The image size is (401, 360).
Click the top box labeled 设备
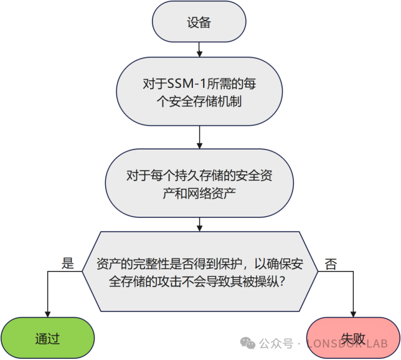(199, 23)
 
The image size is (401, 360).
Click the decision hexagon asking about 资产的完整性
(200, 272)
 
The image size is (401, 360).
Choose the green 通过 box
(47, 338)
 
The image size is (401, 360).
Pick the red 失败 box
(353, 338)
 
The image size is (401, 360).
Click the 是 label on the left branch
(68, 263)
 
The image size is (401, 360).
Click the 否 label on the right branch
(331, 264)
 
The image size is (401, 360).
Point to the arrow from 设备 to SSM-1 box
(199, 49)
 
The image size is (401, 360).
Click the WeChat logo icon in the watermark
(248, 343)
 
